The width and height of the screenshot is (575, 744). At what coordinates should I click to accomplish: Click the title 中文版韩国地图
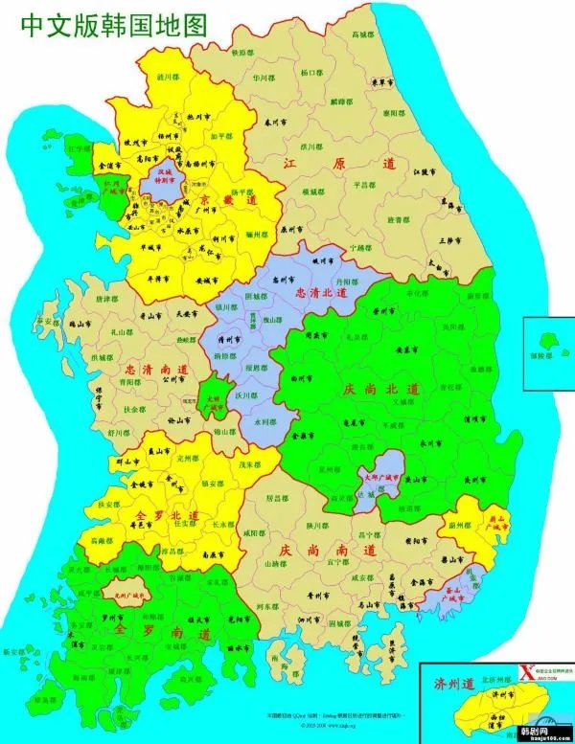(113, 24)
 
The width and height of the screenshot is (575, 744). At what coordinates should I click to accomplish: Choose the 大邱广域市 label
(381, 475)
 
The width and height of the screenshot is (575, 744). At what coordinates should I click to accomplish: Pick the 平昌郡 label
(365, 184)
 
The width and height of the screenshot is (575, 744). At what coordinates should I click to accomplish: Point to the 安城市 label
(200, 282)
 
